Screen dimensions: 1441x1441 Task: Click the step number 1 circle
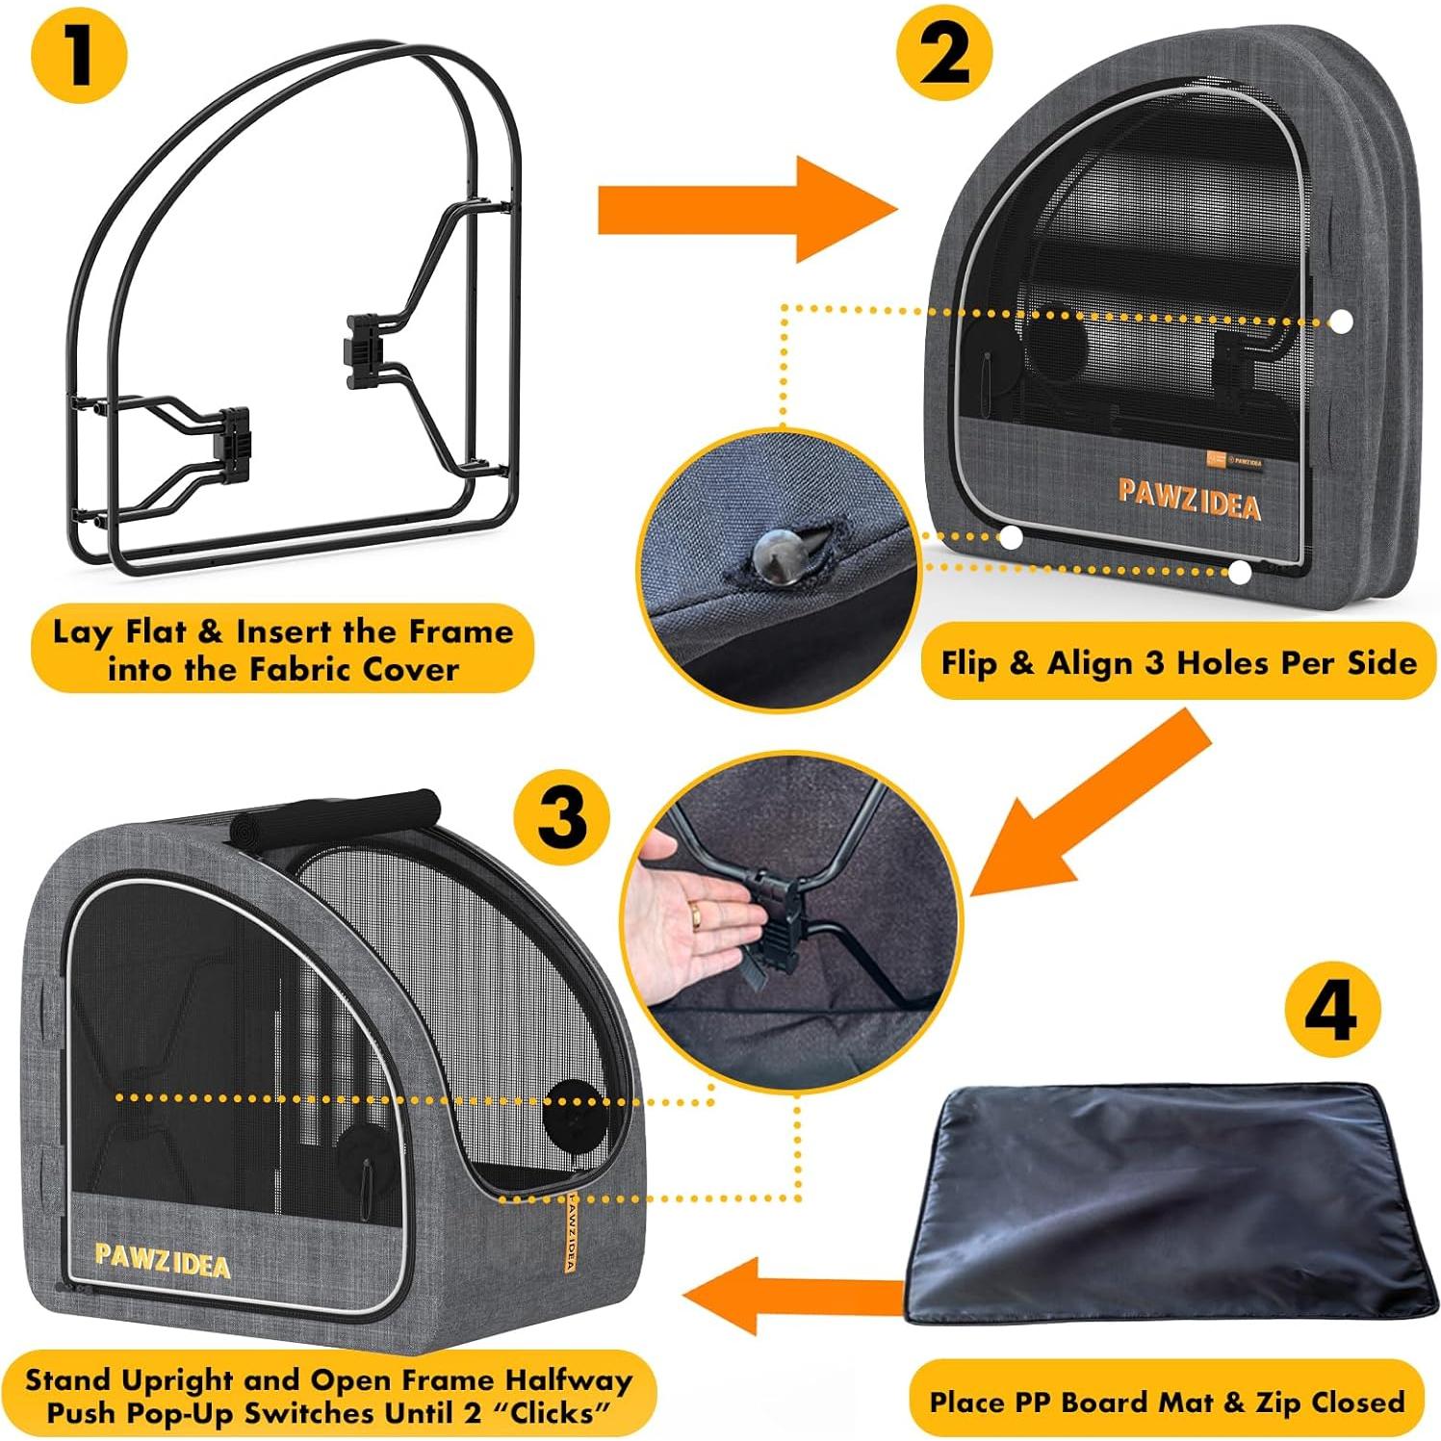(x=79, y=55)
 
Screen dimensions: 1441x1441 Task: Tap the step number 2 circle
(x=943, y=55)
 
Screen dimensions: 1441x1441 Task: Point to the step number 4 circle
(x=1332, y=1010)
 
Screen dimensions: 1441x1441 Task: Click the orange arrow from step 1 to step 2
(x=741, y=209)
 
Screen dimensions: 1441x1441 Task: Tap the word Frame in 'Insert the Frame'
(x=460, y=632)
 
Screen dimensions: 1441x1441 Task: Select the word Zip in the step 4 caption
(x=1274, y=1402)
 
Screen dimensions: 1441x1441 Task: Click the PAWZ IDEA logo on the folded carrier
(x=1189, y=499)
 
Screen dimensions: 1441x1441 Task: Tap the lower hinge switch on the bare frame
(x=235, y=441)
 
